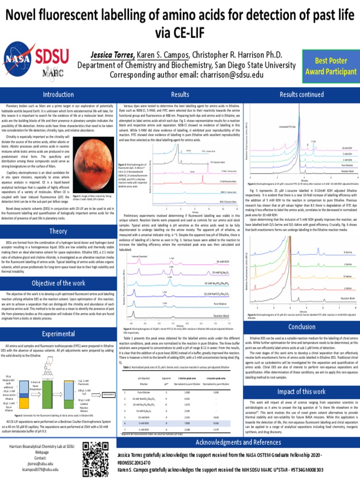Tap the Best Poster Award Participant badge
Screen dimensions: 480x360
point(330,66)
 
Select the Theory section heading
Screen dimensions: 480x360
point(58,231)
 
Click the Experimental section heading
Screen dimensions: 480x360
point(58,333)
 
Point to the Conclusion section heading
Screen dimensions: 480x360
point(301,327)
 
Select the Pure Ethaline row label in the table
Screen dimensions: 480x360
point(143,405)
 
